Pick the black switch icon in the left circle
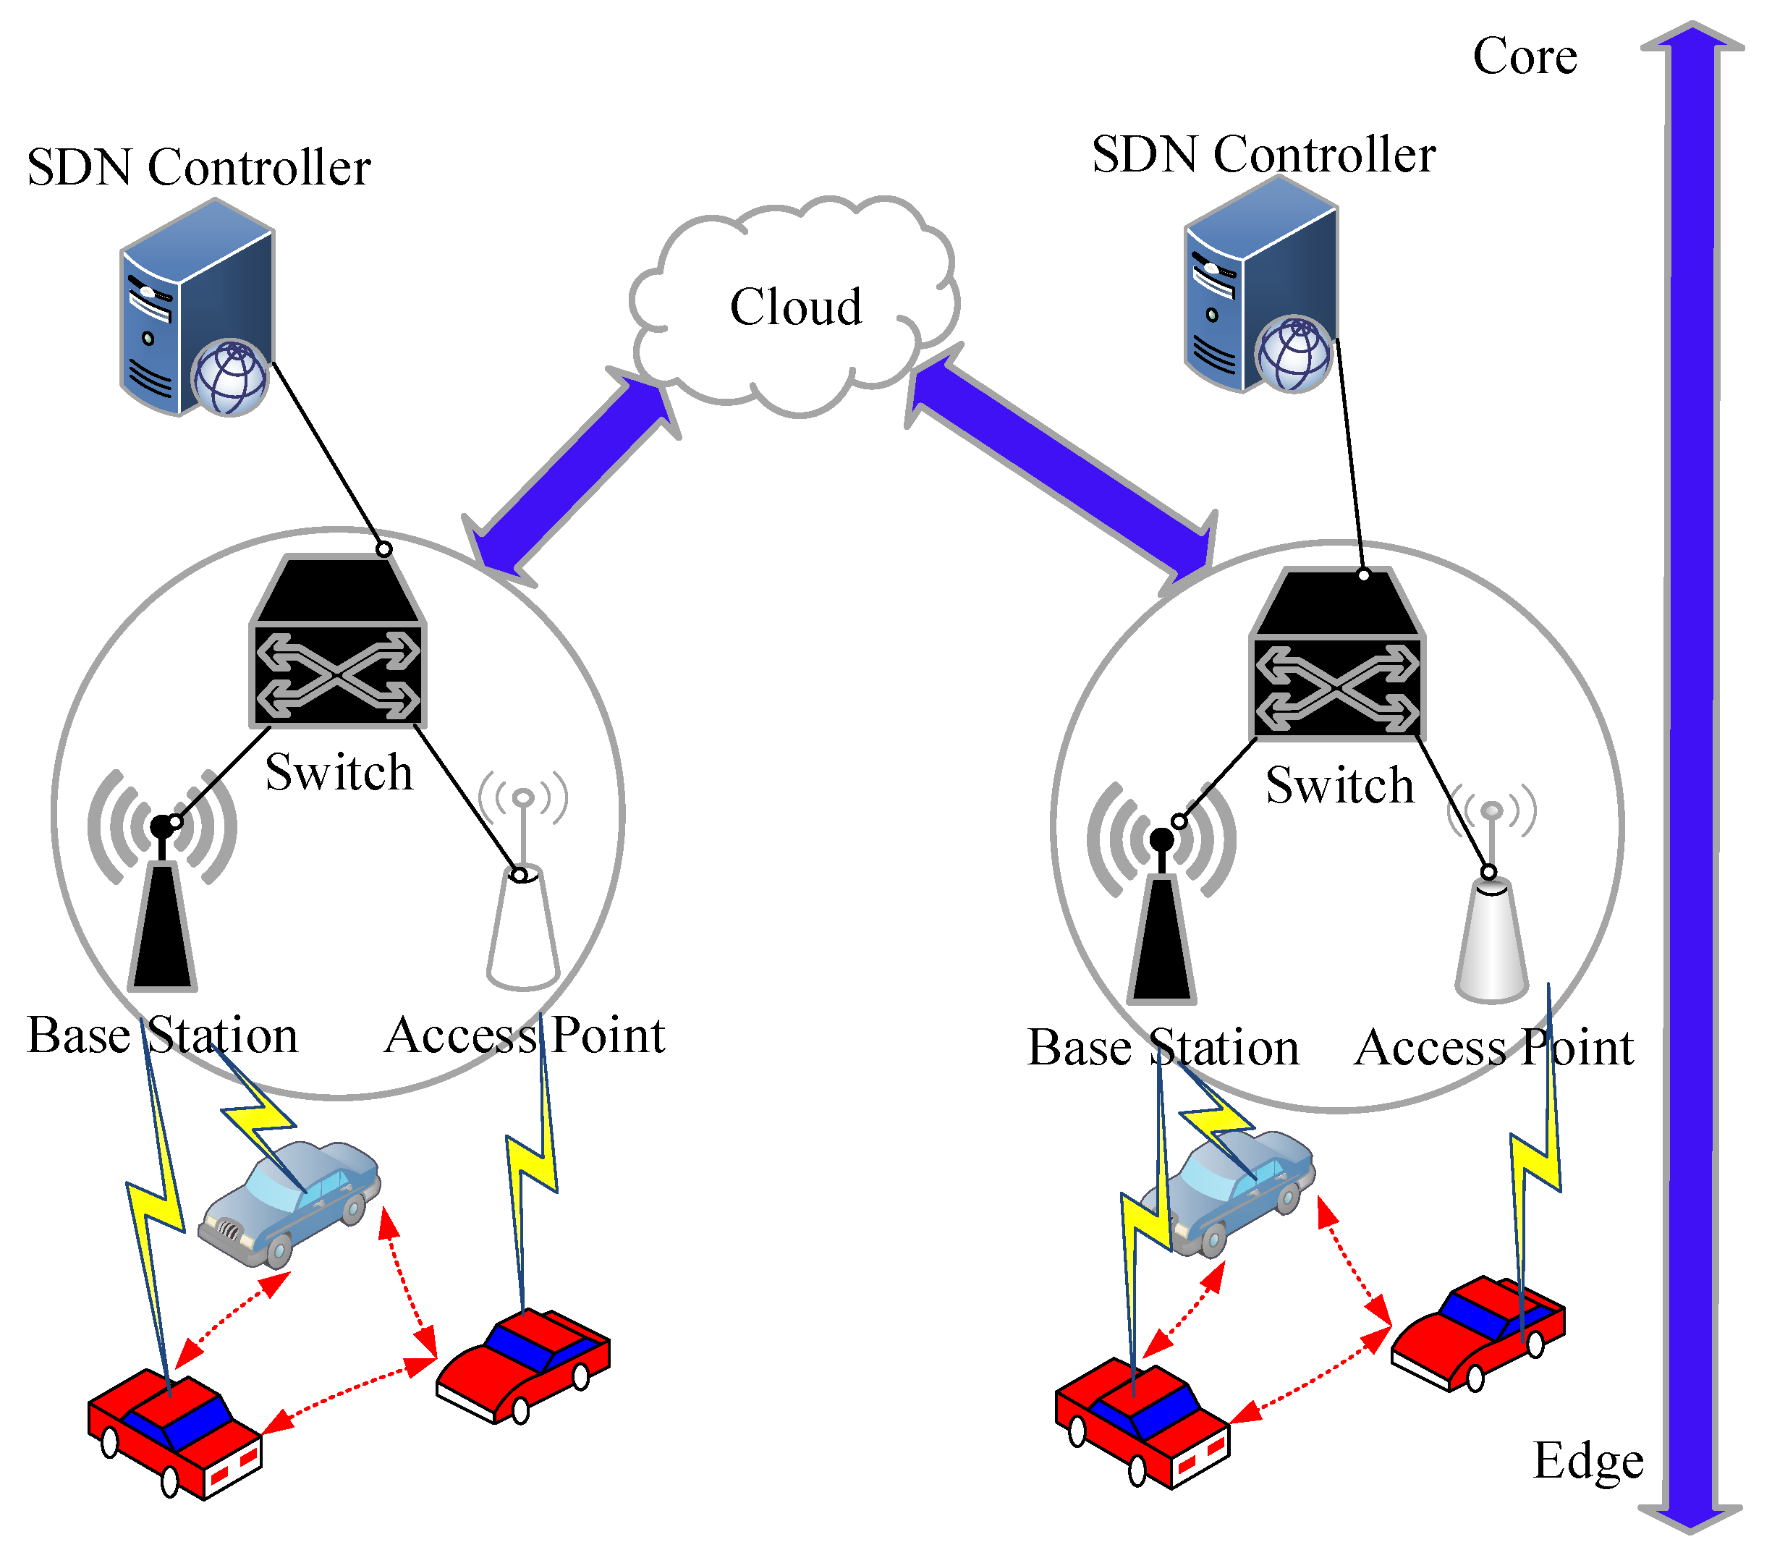point(337,642)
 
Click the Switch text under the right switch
point(1339,785)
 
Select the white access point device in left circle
point(522,928)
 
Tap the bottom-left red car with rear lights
point(174,1431)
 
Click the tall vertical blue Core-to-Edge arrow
point(1690,780)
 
